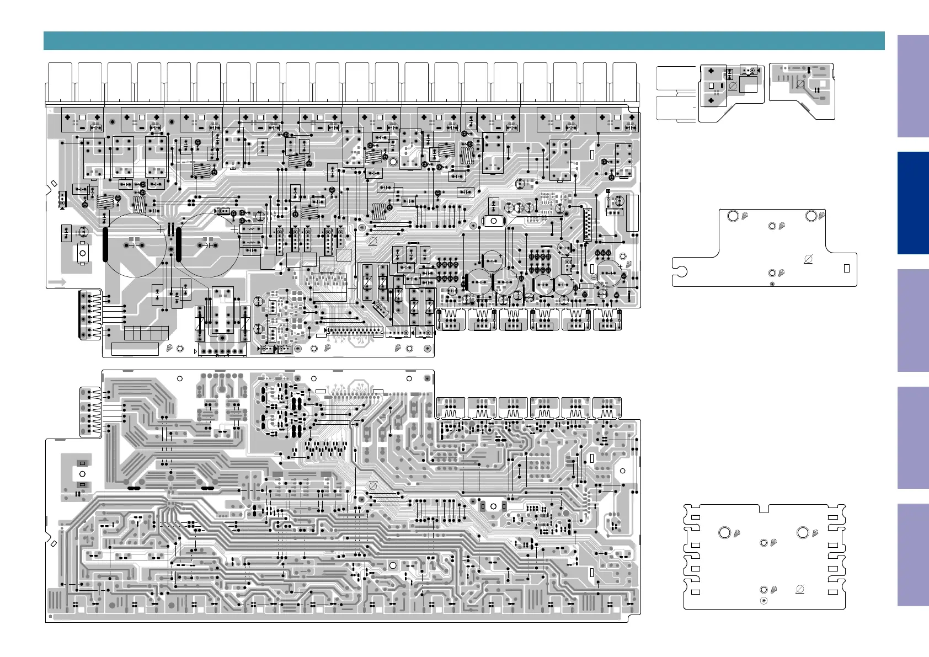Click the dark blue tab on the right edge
[913, 202]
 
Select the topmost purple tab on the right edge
[913, 86]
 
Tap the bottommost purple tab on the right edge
[913, 554]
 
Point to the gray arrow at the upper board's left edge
[57, 282]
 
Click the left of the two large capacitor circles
[135, 245]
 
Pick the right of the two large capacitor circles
[209, 245]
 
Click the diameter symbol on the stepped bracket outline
[808, 259]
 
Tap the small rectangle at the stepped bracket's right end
[847, 269]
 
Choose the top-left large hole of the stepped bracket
[733, 216]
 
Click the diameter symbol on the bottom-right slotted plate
[800, 589]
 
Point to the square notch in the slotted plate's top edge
[764, 507]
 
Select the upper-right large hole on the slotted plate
[803, 532]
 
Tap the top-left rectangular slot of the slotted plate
[696, 518]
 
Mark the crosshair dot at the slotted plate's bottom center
[764, 600]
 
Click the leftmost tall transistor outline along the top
[60, 82]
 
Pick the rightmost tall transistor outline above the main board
[624, 82]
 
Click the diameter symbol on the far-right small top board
[800, 84]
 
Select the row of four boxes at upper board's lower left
[146, 333]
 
